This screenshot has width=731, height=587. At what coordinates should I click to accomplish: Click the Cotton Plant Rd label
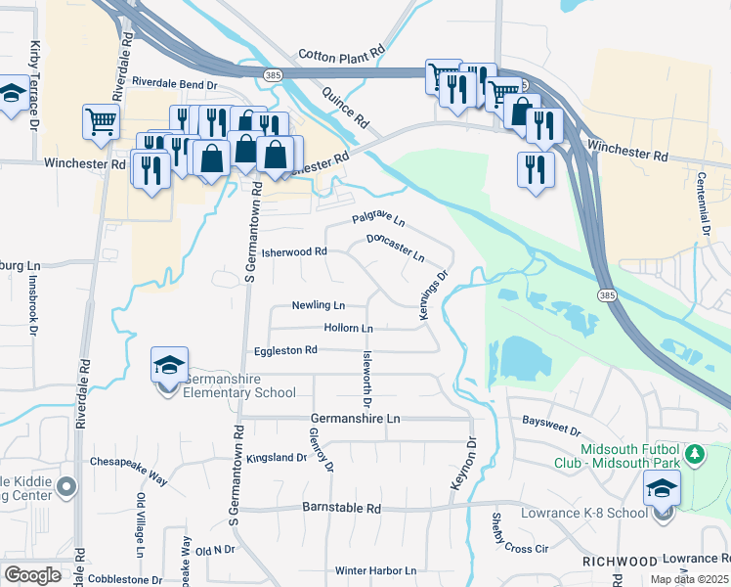(341, 57)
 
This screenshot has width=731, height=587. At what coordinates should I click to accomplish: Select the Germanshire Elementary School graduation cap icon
(170, 366)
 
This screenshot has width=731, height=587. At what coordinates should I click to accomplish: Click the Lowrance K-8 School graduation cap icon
(663, 487)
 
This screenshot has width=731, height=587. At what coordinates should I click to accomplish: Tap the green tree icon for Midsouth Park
(695, 454)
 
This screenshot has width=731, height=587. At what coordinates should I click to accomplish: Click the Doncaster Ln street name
(396, 247)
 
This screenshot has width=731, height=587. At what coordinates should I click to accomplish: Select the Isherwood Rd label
(292, 251)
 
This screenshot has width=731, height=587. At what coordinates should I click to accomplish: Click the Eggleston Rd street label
(286, 349)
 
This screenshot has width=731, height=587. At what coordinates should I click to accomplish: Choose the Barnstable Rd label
(339, 509)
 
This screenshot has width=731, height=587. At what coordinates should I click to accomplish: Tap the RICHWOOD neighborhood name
(619, 562)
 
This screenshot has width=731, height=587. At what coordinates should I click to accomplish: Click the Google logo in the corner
(32, 575)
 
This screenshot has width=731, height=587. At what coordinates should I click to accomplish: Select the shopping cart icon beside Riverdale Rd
(101, 122)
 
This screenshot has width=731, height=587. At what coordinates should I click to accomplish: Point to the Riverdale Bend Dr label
(175, 83)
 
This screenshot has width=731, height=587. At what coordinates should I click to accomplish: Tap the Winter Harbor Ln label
(375, 570)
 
